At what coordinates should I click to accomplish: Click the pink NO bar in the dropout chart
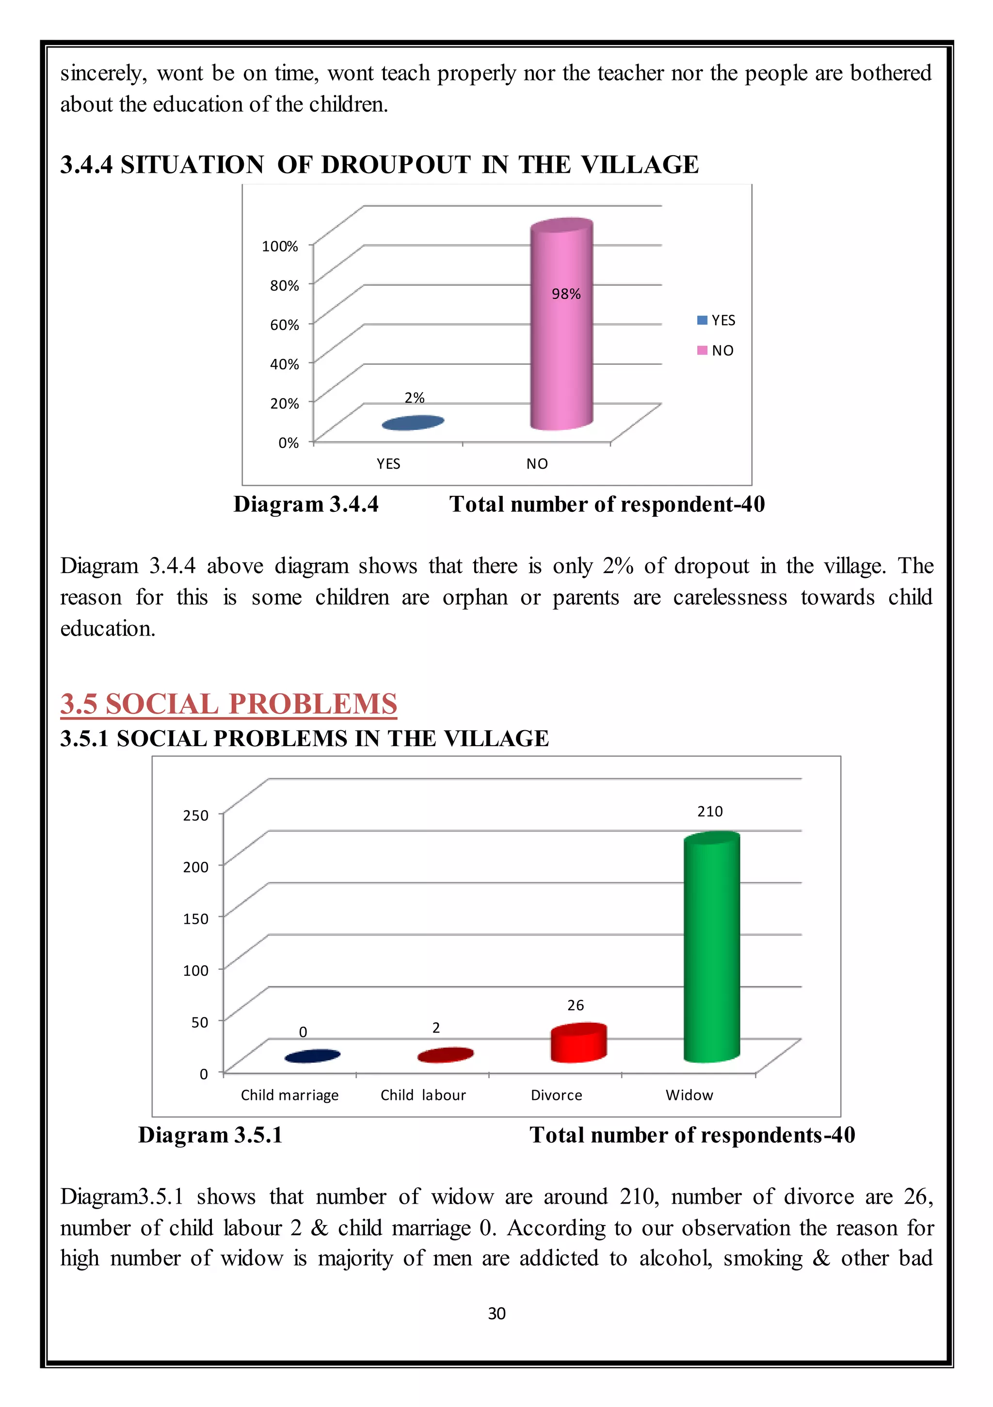point(561,343)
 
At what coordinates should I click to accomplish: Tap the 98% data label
point(566,294)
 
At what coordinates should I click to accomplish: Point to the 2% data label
point(415,398)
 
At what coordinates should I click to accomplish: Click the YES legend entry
point(717,321)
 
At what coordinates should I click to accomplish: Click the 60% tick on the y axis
point(285,325)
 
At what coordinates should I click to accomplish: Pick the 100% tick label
point(280,246)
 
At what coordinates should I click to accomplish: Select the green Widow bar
point(712,950)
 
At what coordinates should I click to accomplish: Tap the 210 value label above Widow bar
point(710,811)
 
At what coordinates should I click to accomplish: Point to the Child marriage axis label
point(290,1095)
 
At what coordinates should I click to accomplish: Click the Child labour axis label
point(423,1095)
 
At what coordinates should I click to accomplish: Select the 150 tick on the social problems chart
point(196,918)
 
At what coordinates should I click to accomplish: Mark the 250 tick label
point(196,815)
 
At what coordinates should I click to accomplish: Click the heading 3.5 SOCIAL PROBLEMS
point(228,703)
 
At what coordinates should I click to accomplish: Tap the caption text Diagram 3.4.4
point(305,505)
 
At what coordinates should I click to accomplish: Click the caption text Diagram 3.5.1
point(210,1135)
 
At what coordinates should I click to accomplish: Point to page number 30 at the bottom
point(496,1313)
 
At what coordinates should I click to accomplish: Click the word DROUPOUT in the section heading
point(396,165)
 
